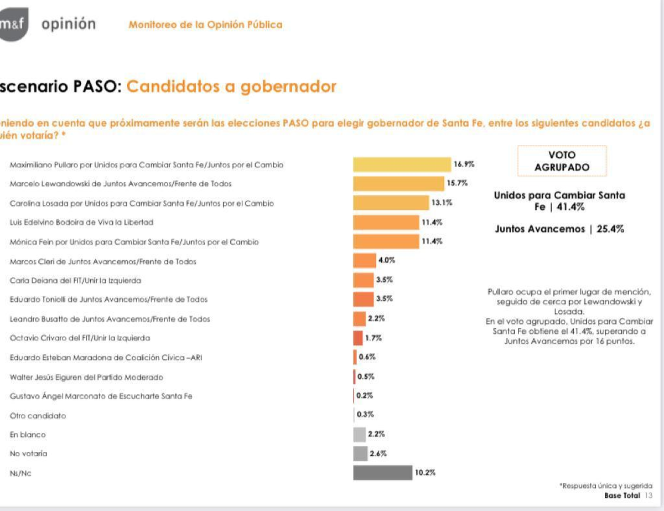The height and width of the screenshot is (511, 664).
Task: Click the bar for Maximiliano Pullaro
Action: pos(402,164)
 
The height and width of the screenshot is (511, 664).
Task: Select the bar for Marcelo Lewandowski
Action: pos(398,183)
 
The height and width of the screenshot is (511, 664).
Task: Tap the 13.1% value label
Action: pos(442,203)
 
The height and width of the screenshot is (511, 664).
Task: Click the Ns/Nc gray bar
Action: pos(383,473)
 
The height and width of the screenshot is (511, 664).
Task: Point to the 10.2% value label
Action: pos(425,473)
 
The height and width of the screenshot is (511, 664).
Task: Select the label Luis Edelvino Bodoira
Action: pos(81,223)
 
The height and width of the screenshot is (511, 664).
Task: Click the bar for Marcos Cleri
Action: pos(364,261)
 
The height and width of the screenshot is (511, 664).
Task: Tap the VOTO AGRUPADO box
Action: pos(562,161)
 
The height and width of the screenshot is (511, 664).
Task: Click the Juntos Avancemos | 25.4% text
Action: pos(559,229)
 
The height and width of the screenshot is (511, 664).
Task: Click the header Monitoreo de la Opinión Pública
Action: pos(205,25)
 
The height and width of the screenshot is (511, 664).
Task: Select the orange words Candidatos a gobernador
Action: pos(231,87)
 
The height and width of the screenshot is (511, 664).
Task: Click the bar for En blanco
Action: pos(360,435)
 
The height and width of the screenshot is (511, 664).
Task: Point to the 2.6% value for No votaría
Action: pos(378,453)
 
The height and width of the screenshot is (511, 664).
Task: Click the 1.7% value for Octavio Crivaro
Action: pos(373,338)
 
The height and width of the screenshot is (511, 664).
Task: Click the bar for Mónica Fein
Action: pos(386,241)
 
